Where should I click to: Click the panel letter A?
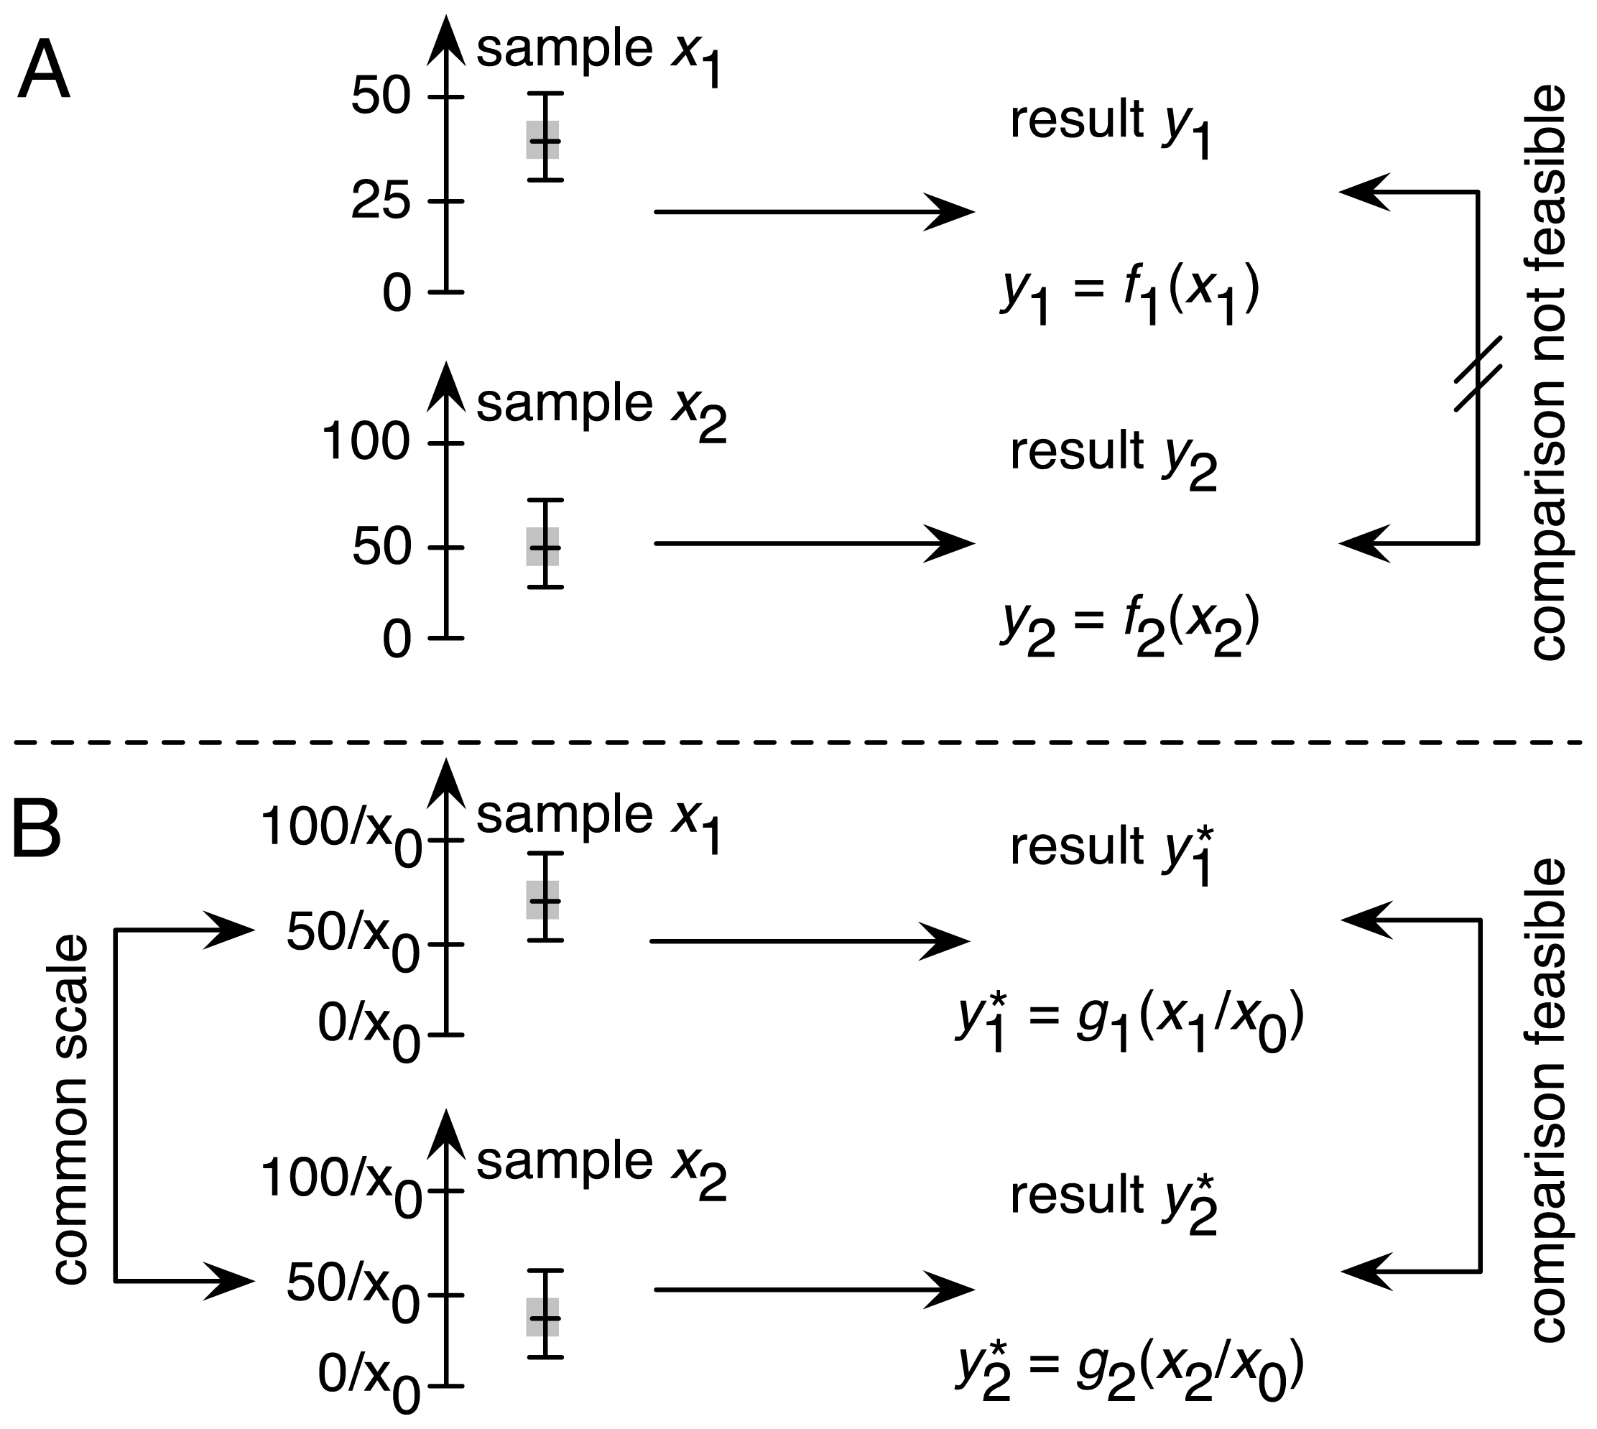tap(43, 70)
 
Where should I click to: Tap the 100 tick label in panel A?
tap(365, 441)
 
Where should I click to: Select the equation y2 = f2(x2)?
tap(1129, 626)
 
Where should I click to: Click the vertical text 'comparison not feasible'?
tap(1548, 373)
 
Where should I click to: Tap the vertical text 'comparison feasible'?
tap(1548, 1099)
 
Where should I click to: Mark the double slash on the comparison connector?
tap(1478, 374)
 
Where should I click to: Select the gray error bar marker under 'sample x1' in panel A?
tap(543, 140)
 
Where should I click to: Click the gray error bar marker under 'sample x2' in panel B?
tap(543, 1317)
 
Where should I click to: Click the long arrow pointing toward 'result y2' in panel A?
tap(813, 542)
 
